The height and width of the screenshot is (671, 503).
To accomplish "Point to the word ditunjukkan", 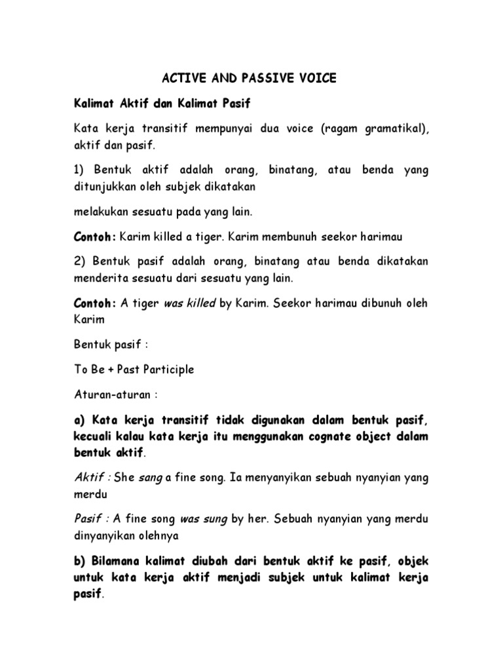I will [x=103, y=186].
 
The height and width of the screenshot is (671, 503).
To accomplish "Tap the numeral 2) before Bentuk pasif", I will [x=80, y=261].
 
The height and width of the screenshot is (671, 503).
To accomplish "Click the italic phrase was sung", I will [x=204, y=519].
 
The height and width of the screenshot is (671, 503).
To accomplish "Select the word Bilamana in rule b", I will [x=119, y=562].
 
